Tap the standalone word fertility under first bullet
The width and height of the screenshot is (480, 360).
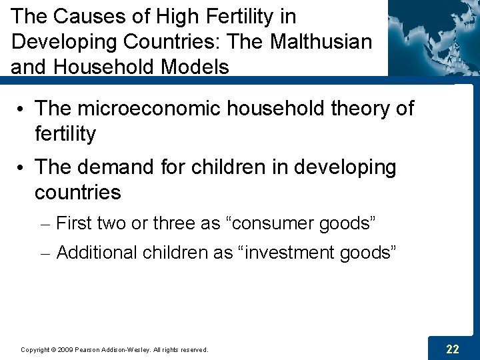[65, 134]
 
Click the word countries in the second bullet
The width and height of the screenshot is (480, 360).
[78, 193]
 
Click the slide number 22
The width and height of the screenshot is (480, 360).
[453, 349]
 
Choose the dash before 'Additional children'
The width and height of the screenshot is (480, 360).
[46, 253]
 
